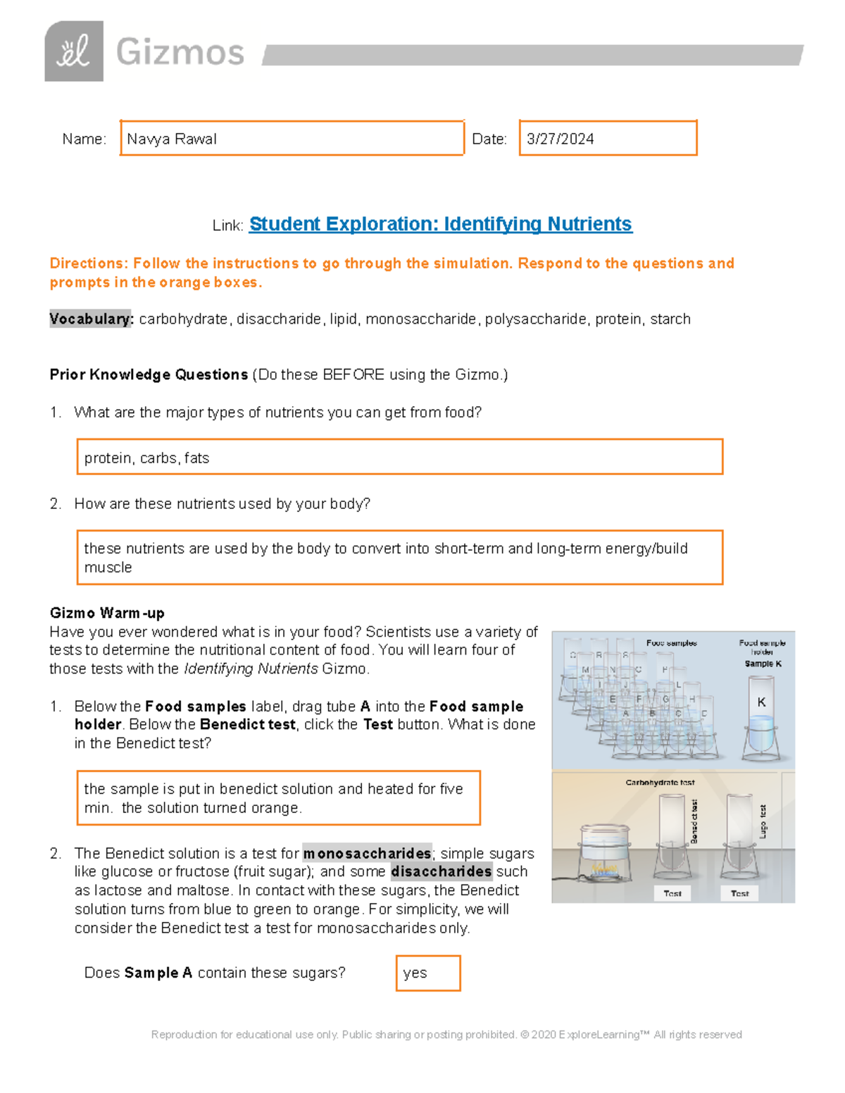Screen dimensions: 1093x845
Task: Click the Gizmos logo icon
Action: pos(74,51)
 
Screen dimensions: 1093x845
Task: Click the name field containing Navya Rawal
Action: pos(292,138)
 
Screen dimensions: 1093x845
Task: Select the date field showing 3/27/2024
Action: pos(608,138)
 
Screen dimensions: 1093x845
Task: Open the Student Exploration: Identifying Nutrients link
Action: pos(440,224)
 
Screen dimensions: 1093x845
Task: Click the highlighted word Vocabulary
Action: pos(91,319)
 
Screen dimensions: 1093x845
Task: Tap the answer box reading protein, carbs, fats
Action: pos(399,457)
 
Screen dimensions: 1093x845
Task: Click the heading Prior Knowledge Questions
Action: pos(149,374)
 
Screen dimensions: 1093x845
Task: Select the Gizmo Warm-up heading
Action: pos(107,612)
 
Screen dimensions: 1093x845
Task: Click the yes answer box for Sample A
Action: pos(427,973)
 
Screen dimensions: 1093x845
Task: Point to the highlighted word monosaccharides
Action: pos(367,853)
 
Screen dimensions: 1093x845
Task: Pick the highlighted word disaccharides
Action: pos(441,871)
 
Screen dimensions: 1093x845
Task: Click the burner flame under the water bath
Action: pos(604,869)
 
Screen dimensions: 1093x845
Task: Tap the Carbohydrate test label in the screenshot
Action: pos(660,782)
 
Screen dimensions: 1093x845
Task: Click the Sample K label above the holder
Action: pos(763,664)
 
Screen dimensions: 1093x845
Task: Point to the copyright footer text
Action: pos(446,1035)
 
